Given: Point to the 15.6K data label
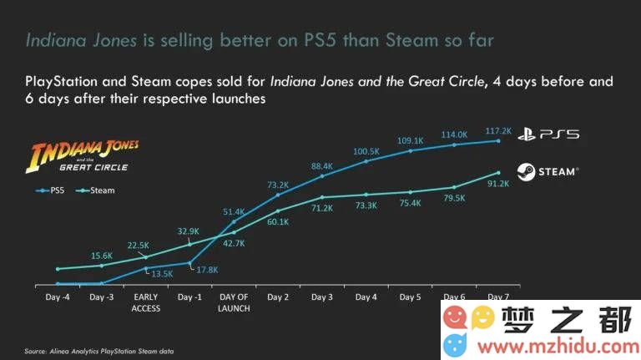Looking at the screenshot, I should pos(103,256).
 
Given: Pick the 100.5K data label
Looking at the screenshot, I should pos(366,151).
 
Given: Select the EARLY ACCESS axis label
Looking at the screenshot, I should pos(147,302).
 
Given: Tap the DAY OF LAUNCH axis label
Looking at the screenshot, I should pos(235,302).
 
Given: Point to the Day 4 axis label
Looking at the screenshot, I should pos(366,297).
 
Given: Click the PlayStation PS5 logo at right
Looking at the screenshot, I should pos(548,134).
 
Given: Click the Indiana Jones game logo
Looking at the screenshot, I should pos(84,157).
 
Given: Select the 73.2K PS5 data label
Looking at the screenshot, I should pos(278,185).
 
